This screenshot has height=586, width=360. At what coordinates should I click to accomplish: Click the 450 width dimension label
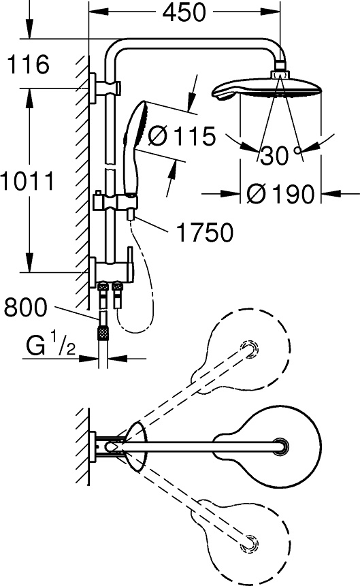pos(184,12)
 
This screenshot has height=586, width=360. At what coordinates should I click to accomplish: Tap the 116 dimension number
pos(28,64)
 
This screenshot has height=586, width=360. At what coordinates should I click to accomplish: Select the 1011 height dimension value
pos(27,181)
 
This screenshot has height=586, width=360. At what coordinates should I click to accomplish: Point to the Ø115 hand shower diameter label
pos(182,135)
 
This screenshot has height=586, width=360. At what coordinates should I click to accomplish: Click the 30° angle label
pos(281,155)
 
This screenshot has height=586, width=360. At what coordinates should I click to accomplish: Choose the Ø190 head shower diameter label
pos(280,194)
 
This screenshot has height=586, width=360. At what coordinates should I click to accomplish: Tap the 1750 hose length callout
pos(204,233)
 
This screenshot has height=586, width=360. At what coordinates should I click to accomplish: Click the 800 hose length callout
pos(26,307)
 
